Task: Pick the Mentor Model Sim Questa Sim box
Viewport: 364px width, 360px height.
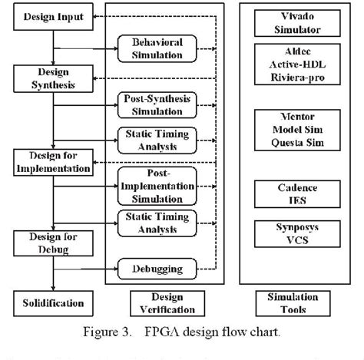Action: [297, 130]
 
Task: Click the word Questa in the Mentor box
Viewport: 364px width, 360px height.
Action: [283, 142]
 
